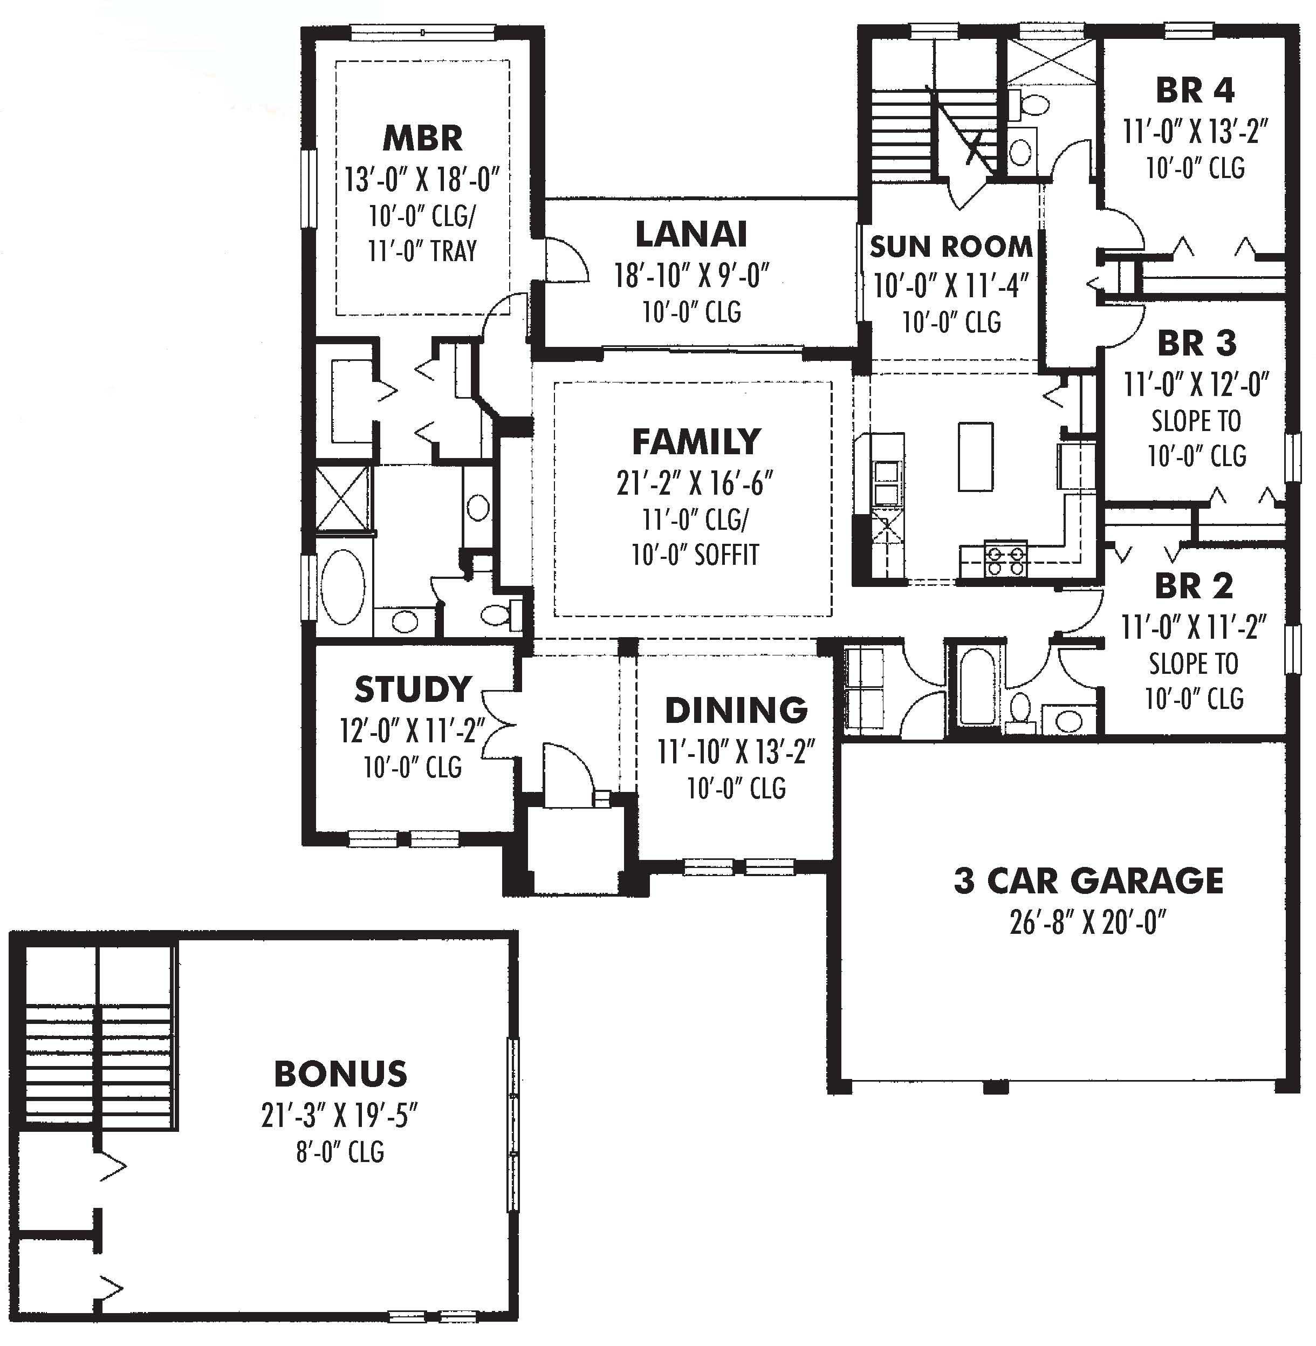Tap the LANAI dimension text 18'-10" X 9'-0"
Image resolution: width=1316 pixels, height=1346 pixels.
(692, 276)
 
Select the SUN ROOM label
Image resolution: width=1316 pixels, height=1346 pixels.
(950, 247)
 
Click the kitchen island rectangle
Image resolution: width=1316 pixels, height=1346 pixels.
(975, 456)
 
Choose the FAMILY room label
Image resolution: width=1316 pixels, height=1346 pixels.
(696, 442)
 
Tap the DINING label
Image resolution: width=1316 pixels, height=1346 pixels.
(736, 710)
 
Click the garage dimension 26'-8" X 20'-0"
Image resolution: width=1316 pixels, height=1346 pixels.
(1088, 922)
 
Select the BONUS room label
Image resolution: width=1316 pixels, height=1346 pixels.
(341, 1074)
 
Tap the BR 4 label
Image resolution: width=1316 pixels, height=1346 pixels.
(1195, 91)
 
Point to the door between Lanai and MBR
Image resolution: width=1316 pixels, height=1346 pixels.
(565, 261)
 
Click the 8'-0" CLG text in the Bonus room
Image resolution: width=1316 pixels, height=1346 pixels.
(340, 1152)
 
